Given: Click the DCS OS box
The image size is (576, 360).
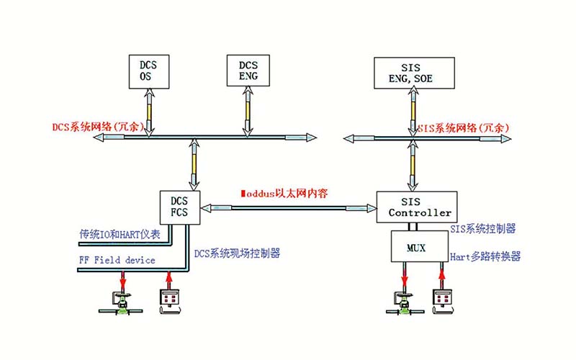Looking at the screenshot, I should pos(150,71).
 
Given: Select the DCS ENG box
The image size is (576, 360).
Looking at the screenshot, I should pos(248,70).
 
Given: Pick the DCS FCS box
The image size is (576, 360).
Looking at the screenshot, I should pos(179,207).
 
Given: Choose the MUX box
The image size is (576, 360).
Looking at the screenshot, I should pos(415,248).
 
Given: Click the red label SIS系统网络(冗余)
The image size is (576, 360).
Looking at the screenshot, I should pos(464,127).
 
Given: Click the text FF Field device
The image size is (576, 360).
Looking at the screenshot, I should pos(117,260).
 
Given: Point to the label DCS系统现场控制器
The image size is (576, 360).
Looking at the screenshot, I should pos(237,253).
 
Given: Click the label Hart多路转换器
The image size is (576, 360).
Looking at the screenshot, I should pos(485,256).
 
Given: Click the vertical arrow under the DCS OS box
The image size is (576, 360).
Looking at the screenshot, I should pos(150,112).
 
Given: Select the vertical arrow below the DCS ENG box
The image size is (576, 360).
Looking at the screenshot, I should pos(248,112).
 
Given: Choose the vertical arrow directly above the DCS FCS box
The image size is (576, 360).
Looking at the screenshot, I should pos(193,164).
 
